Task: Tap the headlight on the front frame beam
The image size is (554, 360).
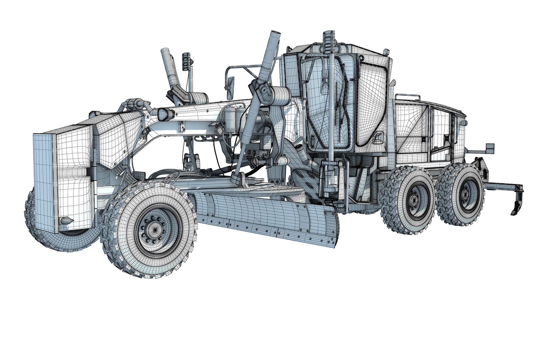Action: [164, 114]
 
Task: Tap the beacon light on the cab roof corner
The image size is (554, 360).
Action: [386, 52]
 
